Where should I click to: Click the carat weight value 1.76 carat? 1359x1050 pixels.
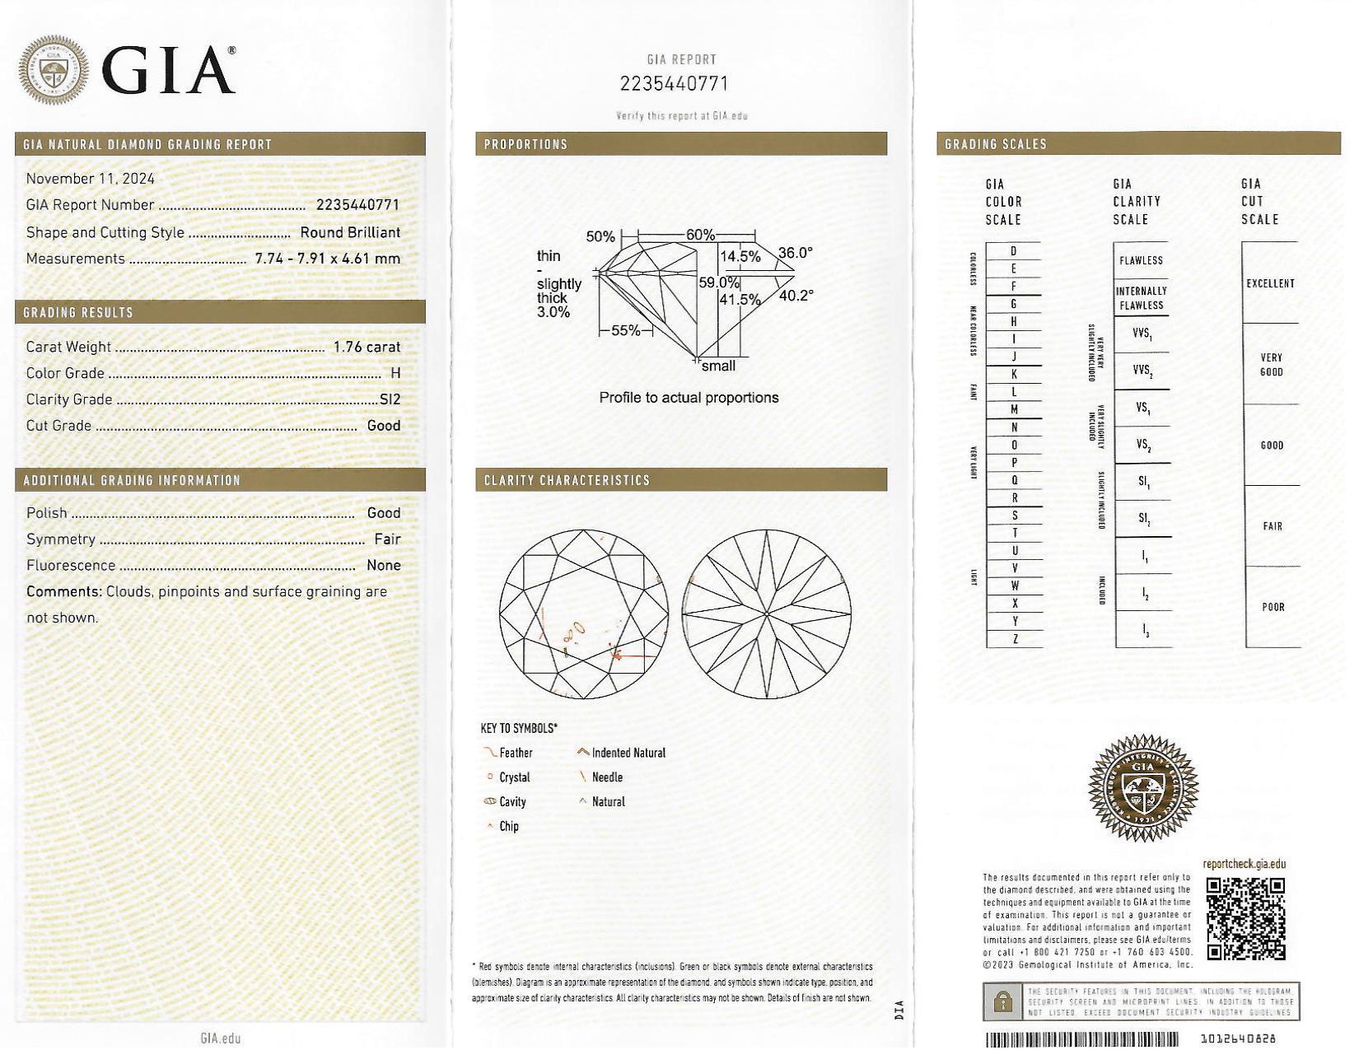pyautogui.click(x=367, y=348)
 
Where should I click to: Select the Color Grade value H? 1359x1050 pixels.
pyautogui.click(x=395, y=374)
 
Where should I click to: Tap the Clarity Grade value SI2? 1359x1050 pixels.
pyautogui.click(x=390, y=400)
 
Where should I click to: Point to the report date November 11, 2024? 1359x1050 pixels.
pyautogui.click(x=91, y=179)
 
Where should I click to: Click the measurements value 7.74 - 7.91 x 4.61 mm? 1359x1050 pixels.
pyautogui.click(x=327, y=259)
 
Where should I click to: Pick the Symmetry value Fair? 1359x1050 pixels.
pyautogui.click(x=387, y=539)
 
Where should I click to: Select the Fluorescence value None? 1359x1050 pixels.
pyautogui.click(x=384, y=566)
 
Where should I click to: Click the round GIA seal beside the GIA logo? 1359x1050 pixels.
pyautogui.click(x=54, y=70)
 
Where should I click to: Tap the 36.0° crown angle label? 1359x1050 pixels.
pyautogui.click(x=795, y=253)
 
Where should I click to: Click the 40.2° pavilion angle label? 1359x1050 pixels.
pyautogui.click(x=796, y=296)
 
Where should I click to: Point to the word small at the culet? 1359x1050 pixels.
pyautogui.click(x=718, y=366)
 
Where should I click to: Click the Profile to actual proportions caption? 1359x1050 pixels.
pyautogui.click(x=689, y=398)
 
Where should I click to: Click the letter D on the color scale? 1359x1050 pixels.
pyautogui.click(x=1013, y=251)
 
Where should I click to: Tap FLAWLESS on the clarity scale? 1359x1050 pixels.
pyautogui.click(x=1141, y=261)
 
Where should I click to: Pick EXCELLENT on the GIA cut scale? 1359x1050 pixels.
pyautogui.click(x=1270, y=284)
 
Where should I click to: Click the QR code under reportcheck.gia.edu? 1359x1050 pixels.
pyautogui.click(x=1245, y=918)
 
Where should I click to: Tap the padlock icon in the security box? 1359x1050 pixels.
pyautogui.click(x=1002, y=1001)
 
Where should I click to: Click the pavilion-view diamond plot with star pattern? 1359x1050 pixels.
pyautogui.click(x=766, y=614)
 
